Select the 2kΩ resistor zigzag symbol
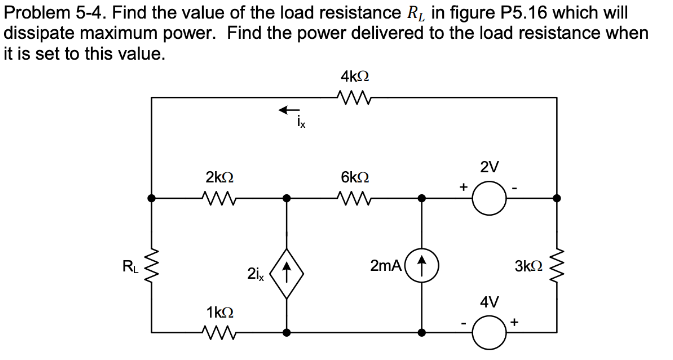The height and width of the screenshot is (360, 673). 219,197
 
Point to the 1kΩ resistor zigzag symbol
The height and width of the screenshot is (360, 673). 219,331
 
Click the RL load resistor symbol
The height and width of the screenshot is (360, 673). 152,267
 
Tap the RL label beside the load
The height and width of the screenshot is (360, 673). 128,266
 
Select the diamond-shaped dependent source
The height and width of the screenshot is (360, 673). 287,267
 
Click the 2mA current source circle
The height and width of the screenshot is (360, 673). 421,267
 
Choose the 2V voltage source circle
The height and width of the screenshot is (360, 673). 490,198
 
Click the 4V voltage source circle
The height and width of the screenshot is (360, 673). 490,331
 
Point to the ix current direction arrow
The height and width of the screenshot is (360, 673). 288,109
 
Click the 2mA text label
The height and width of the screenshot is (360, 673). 385,266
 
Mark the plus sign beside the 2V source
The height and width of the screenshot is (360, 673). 463,185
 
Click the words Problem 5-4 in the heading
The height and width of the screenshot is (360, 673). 46,11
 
